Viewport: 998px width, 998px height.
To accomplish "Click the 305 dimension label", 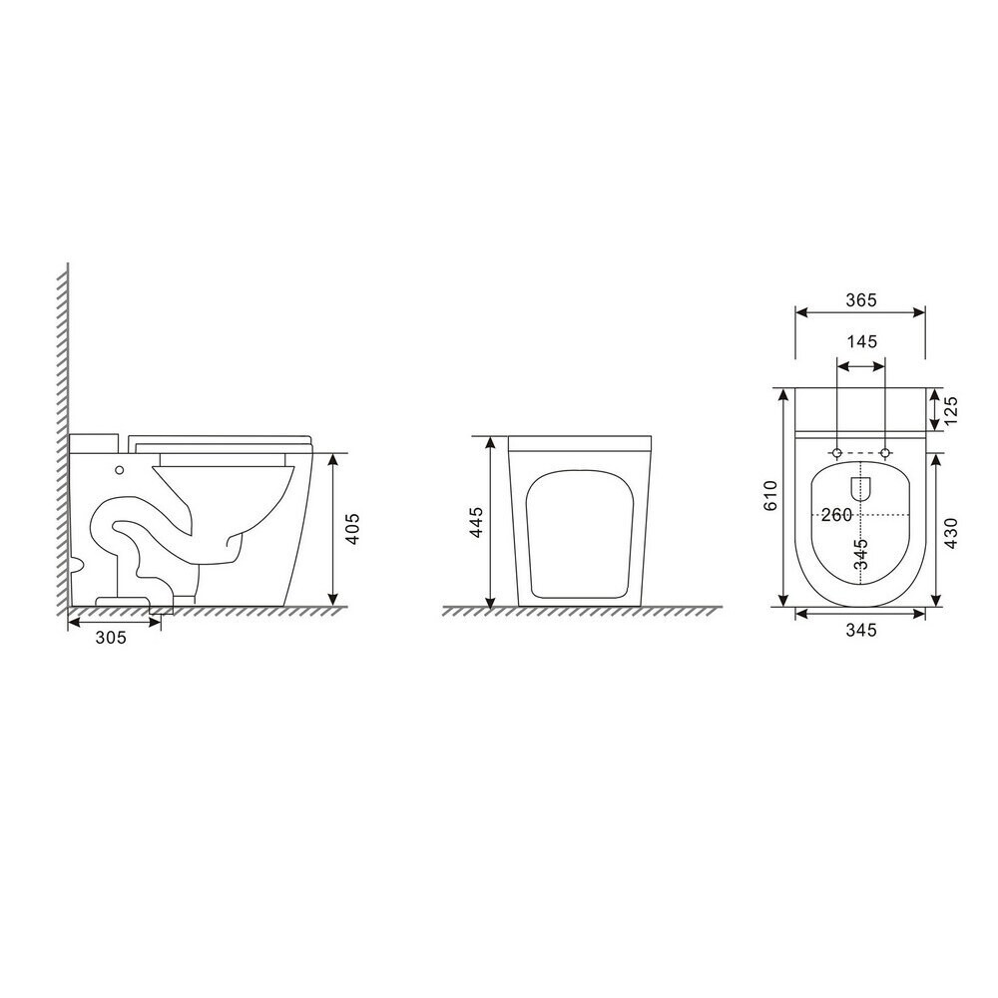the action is pyautogui.click(x=111, y=637).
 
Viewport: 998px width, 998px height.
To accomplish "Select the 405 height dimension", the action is pyautogui.click(x=352, y=528).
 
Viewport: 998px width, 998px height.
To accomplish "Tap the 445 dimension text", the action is pyautogui.click(x=476, y=522).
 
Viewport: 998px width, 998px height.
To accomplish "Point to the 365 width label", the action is pyautogui.click(x=861, y=299).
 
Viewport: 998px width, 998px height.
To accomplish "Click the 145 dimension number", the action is pyautogui.click(x=861, y=341).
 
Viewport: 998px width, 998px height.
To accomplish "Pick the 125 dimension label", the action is pyautogui.click(x=950, y=411).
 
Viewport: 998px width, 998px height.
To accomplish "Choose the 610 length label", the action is pyautogui.click(x=770, y=495).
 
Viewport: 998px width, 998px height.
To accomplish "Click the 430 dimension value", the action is pyautogui.click(x=950, y=533).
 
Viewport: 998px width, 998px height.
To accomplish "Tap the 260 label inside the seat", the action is pyautogui.click(x=835, y=514).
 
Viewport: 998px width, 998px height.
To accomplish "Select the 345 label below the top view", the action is pyautogui.click(x=861, y=630).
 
